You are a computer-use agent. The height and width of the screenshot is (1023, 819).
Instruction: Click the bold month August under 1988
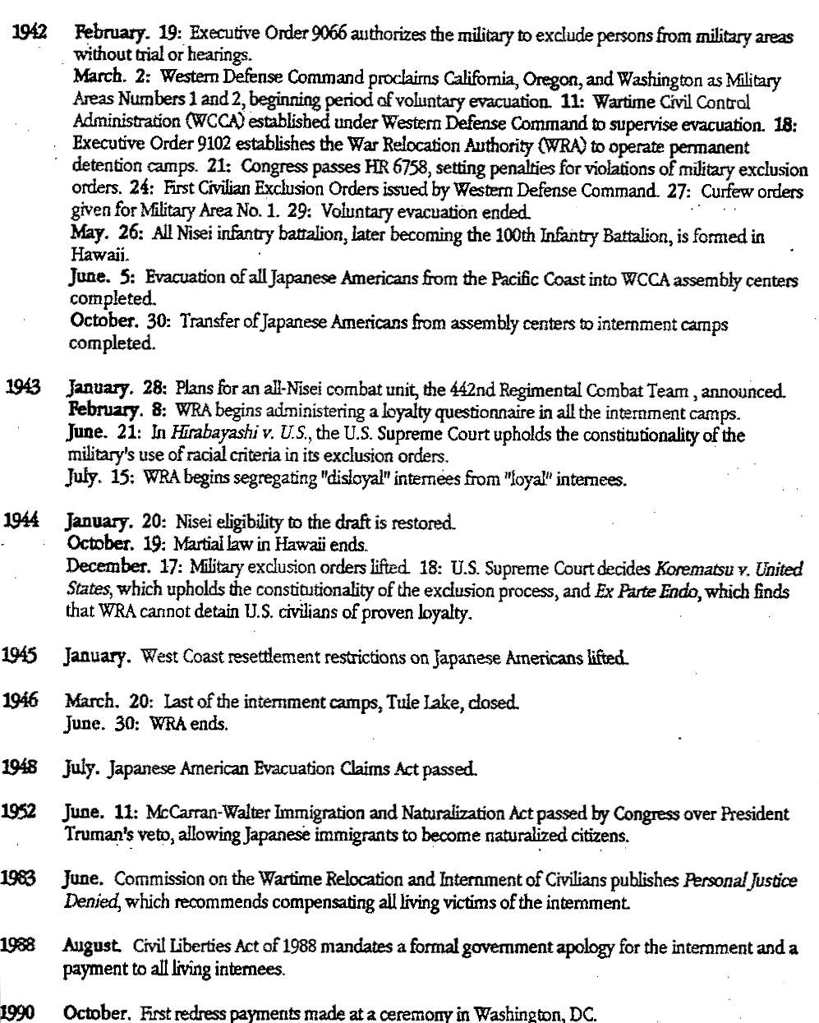point(87,947)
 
